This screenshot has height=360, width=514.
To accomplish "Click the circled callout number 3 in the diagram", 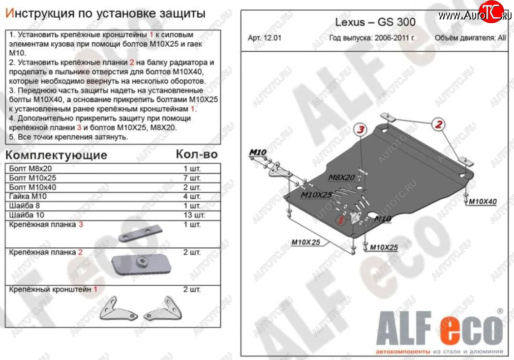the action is tap(361, 129).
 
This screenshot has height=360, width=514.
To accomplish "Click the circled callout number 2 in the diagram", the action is tap(439, 124).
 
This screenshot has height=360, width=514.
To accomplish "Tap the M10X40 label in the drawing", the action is tap(482, 201).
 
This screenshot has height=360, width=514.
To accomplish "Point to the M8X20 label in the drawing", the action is tap(341, 178).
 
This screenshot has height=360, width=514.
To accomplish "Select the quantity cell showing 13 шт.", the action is tap(194, 215).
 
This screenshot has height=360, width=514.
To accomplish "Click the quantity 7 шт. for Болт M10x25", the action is tap(192, 178).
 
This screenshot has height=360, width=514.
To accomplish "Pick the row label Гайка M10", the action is tap(28, 196).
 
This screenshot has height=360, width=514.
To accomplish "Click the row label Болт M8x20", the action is tap(30, 169).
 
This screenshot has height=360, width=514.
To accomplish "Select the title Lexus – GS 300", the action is tap(375, 22).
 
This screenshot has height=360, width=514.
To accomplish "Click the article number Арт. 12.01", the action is tap(265, 38).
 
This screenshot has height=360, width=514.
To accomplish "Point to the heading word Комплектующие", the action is tap(57, 155).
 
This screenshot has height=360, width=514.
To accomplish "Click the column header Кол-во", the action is tap(197, 154).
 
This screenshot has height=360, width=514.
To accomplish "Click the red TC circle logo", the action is tap(491, 12).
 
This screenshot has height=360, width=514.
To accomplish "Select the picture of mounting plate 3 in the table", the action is tap(140, 234).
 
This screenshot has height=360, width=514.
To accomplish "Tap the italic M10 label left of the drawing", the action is tap(258, 152).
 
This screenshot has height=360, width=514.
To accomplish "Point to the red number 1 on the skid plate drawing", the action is tap(341, 219).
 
